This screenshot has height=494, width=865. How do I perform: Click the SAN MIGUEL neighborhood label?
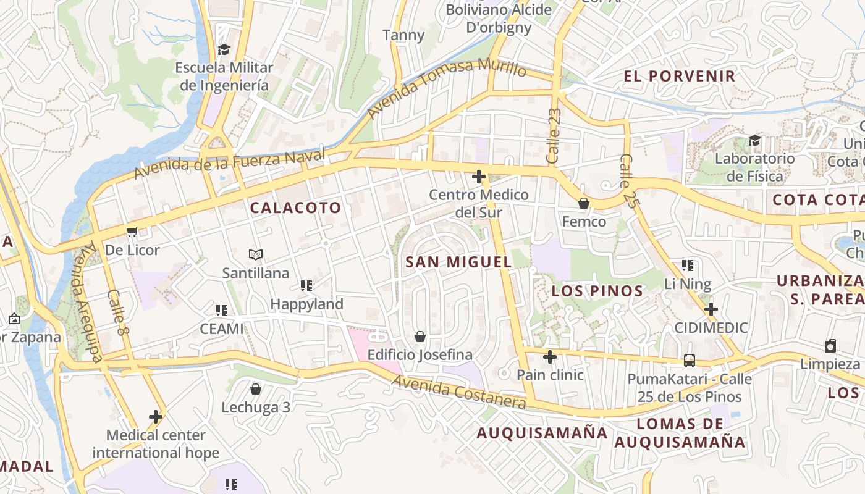(458, 262)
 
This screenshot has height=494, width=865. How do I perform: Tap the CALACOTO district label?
(295, 207)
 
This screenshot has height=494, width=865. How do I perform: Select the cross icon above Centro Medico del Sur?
(478, 177)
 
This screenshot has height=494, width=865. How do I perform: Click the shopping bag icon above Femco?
(583, 203)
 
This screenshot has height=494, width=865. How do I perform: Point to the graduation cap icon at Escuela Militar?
(224, 49)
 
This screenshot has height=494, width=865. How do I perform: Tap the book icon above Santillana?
(255, 254)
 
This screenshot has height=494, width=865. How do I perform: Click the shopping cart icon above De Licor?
(132, 232)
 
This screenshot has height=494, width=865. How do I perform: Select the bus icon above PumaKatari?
(689, 361)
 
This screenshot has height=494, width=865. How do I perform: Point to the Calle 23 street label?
(554, 136)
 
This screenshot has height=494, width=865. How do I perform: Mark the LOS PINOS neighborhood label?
(597, 291)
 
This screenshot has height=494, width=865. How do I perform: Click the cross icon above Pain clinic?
(549, 357)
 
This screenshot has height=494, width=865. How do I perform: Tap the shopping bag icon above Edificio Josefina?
(420, 337)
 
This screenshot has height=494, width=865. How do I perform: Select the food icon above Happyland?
(306, 286)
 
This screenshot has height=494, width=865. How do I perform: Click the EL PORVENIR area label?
(679, 76)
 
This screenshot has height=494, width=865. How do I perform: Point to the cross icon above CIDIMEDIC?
(711, 309)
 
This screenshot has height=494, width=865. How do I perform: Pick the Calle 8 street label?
(117, 313)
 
